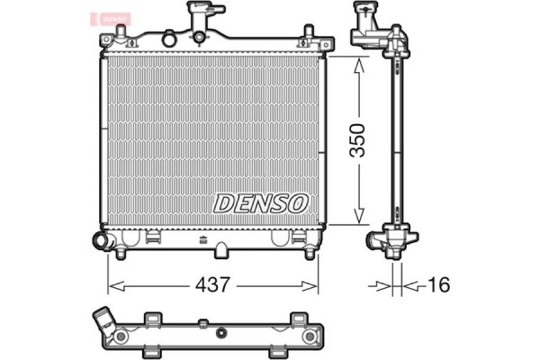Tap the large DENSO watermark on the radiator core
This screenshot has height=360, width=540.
point(261,204)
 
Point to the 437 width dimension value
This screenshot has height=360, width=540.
point(214,285)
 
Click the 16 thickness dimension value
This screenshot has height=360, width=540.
point(437,285)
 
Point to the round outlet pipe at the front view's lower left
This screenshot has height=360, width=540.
point(100,240)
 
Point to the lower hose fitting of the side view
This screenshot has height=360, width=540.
point(382,240)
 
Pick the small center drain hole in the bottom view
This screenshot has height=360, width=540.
point(205,324)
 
